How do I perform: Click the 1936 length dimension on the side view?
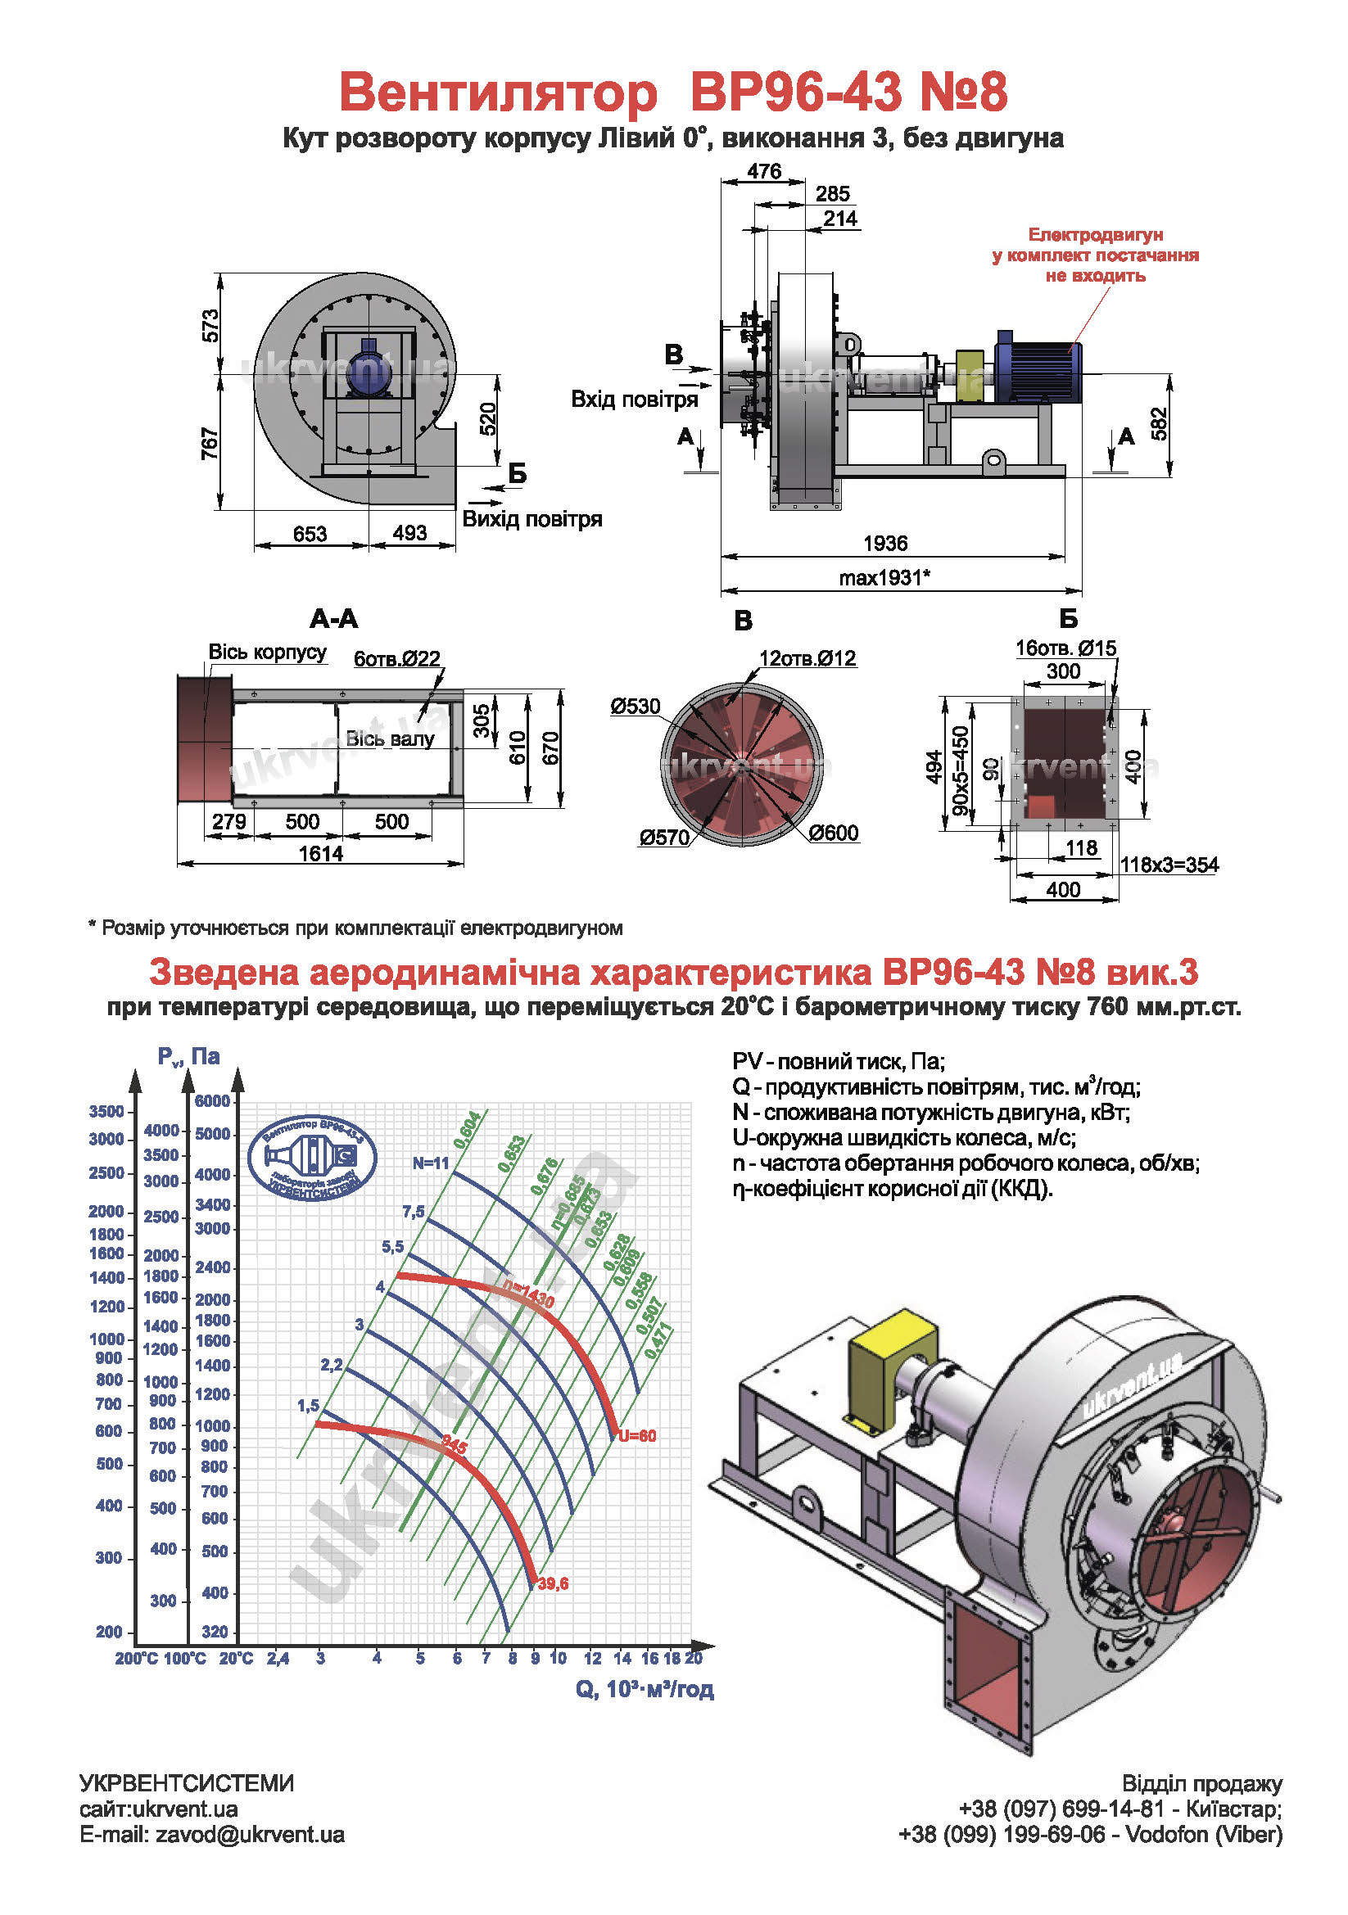click(884, 543)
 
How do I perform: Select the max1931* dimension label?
click(884, 577)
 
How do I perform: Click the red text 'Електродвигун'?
click(1094, 235)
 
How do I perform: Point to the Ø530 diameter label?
click(635, 707)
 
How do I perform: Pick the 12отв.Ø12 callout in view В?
click(807, 658)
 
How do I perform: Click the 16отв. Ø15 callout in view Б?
click(1065, 648)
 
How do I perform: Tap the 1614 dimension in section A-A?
click(320, 853)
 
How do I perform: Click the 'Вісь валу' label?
click(390, 739)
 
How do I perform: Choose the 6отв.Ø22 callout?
click(396, 659)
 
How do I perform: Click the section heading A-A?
click(333, 619)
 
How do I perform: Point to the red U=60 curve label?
click(637, 1436)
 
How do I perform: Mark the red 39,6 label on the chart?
click(553, 1583)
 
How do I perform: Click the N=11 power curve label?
click(431, 1163)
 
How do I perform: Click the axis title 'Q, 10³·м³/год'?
click(644, 1689)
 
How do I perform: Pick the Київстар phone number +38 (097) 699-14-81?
click(1061, 1809)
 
